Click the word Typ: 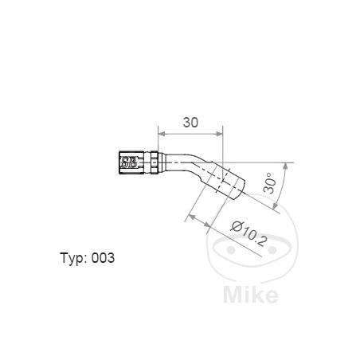point(74,258)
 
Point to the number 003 point(104,258)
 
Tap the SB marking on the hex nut point(129,164)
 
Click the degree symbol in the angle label point(268,174)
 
